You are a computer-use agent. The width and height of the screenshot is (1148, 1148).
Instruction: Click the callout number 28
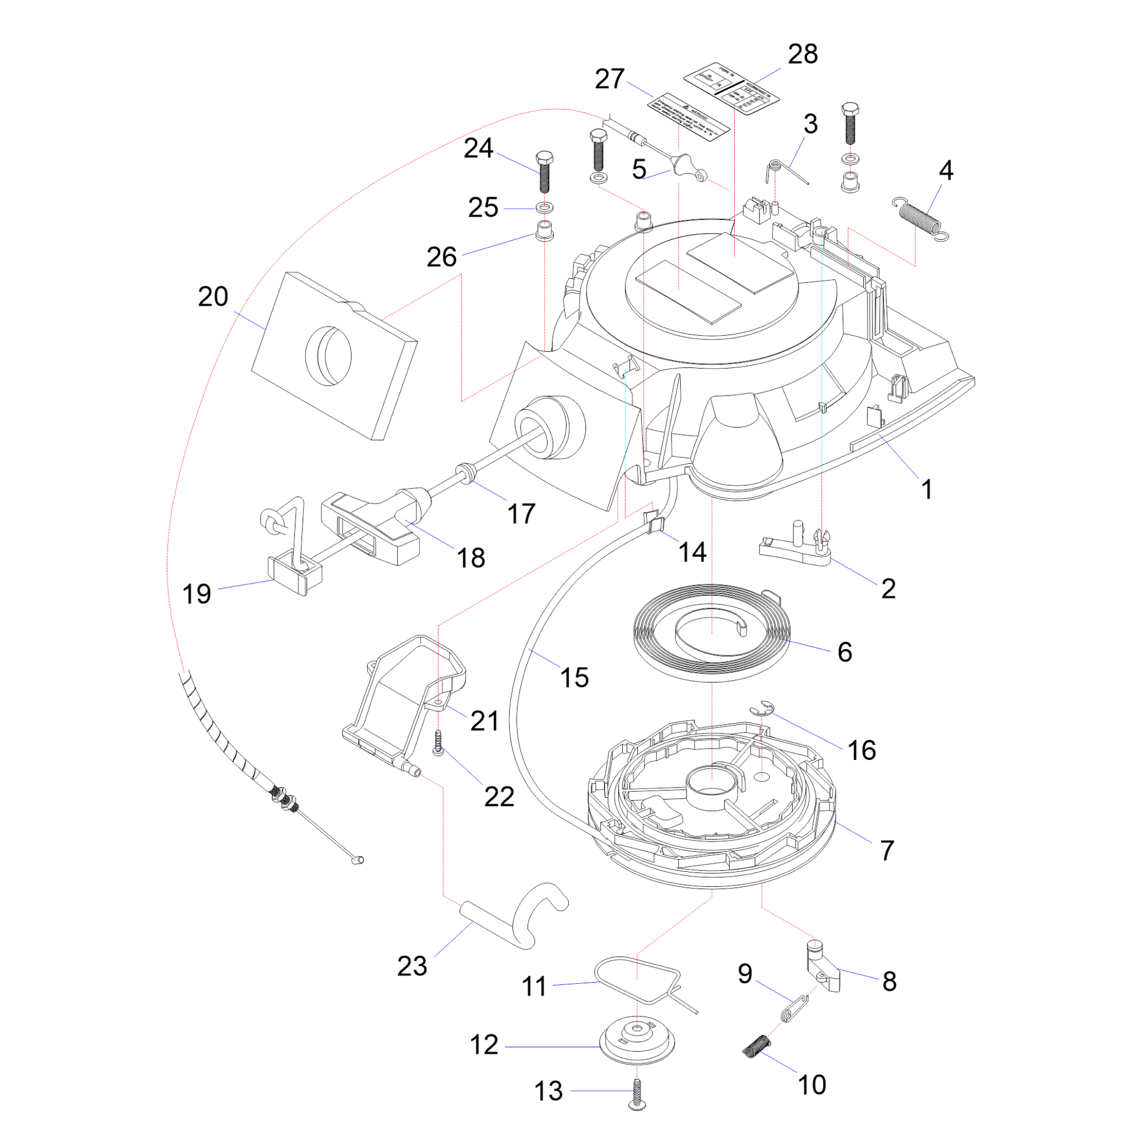click(x=802, y=55)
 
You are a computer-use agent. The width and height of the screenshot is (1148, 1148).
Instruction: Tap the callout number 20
click(x=213, y=297)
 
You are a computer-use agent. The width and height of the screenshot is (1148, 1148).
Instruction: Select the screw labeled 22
click(x=439, y=743)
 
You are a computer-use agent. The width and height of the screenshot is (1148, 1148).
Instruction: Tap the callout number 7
click(x=887, y=850)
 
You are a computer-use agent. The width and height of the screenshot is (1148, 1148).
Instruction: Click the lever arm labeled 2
click(x=796, y=546)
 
